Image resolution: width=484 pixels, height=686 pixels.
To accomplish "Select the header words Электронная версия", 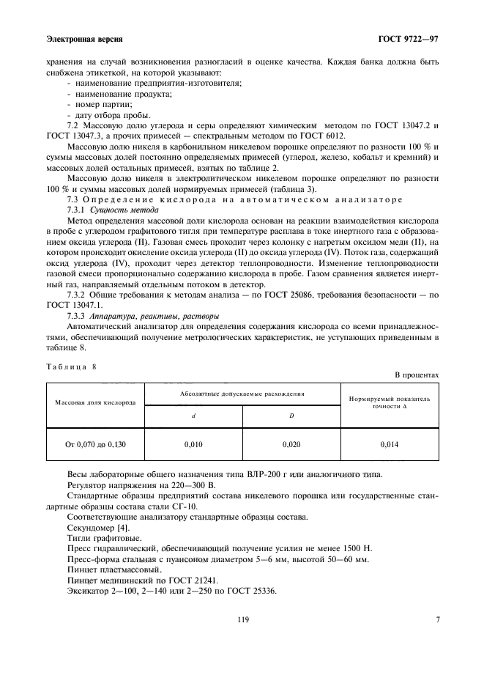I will click(x=84, y=38).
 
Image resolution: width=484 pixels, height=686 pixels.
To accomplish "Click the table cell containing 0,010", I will click(x=193, y=444).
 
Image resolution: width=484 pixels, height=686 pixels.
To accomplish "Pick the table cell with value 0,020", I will click(x=291, y=444).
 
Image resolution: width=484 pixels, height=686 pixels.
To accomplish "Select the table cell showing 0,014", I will click(x=390, y=444).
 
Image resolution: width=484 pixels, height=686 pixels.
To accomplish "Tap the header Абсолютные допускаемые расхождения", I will click(x=242, y=394).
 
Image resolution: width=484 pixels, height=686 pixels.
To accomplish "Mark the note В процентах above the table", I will click(x=417, y=375).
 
